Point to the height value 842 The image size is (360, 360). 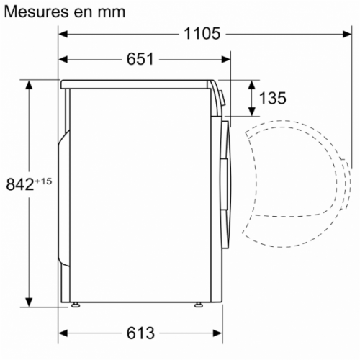coord(19,184)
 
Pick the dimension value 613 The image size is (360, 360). coord(140,333)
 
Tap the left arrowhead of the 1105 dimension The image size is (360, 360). coord(64,33)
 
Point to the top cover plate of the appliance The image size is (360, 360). coord(137,83)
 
